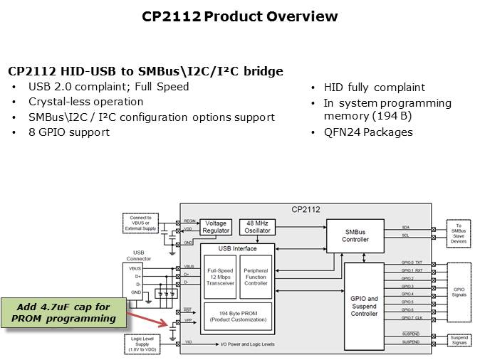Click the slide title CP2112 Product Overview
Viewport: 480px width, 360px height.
(x=240, y=16)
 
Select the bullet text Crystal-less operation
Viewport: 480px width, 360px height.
(x=85, y=102)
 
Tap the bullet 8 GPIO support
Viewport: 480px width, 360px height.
(x=69, y=132)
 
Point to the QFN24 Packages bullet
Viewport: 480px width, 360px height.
(x=368, y=132)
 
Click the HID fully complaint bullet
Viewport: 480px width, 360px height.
(x=374, y=88)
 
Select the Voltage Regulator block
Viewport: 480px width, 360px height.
(x=216, y=227)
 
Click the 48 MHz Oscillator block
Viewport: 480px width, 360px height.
(x=257, y=226)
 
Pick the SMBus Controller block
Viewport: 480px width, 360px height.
(x=355, y=235)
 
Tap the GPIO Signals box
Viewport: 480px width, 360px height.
(x=458, y=290)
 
